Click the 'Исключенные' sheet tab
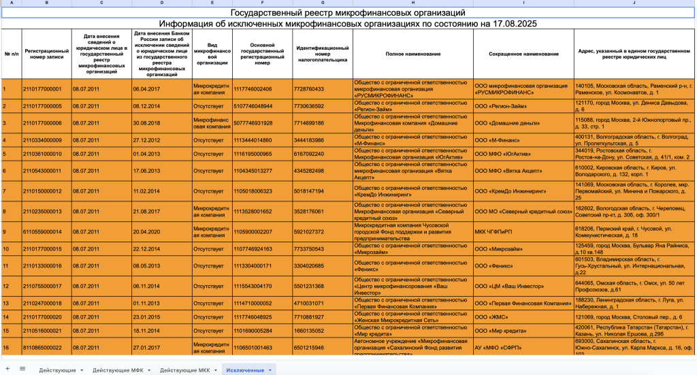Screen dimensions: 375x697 [245, 370]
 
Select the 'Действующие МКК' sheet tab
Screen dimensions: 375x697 [185, 370]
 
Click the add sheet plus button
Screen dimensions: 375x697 [7, 369]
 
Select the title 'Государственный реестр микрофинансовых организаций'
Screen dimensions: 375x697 [348, 13]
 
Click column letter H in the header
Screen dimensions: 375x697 [412, 3]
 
